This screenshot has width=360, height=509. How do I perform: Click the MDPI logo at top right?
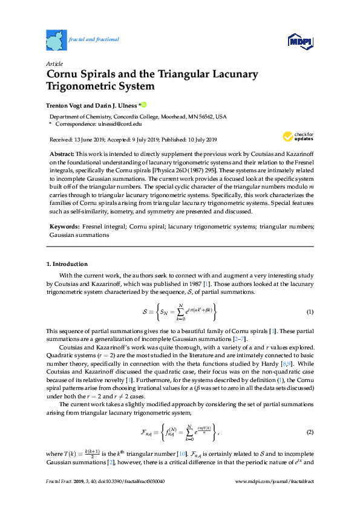pos(300,41)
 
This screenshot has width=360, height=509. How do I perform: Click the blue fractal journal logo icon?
pos(56,40)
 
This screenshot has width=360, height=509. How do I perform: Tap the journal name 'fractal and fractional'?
pos(94,39)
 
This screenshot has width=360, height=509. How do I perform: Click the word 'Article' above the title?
pos(55,63)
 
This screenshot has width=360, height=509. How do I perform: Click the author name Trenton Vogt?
pos(68,104)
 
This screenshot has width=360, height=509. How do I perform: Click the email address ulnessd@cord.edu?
pos(120,123)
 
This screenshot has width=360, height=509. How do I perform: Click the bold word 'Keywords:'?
pos(65,227)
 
